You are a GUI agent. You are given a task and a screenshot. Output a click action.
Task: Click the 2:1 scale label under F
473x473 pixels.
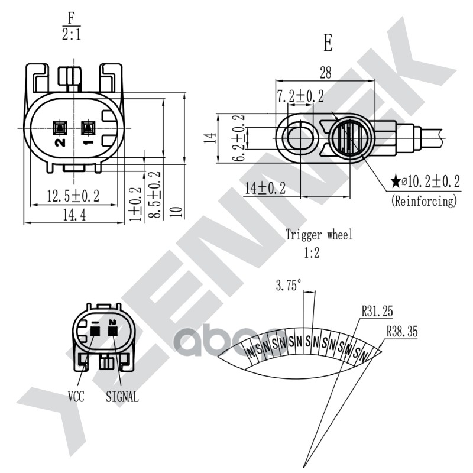point(72,34)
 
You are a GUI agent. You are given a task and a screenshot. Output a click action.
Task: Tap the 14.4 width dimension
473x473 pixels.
point(74,216)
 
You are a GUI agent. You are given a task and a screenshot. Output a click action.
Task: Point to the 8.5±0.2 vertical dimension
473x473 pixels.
point(155,195)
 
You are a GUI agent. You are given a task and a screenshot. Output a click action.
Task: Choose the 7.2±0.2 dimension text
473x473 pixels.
point(300,96)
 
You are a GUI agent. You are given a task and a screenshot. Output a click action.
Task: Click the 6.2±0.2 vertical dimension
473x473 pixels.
point(239,138)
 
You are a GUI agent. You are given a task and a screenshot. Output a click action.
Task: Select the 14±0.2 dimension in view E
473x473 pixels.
point(265,189)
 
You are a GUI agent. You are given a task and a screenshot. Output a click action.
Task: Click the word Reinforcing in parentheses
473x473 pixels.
point(425,201)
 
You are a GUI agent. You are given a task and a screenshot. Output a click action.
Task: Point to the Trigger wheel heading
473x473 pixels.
point(319,235)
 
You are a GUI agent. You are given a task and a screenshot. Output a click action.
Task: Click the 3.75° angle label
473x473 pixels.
point(289,286)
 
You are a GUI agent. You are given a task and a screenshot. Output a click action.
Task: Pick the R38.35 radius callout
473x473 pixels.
point(402,332)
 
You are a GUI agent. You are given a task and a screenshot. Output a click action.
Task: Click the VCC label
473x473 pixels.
point(76,396)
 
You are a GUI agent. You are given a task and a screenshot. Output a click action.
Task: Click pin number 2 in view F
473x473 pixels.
point(60,142)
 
